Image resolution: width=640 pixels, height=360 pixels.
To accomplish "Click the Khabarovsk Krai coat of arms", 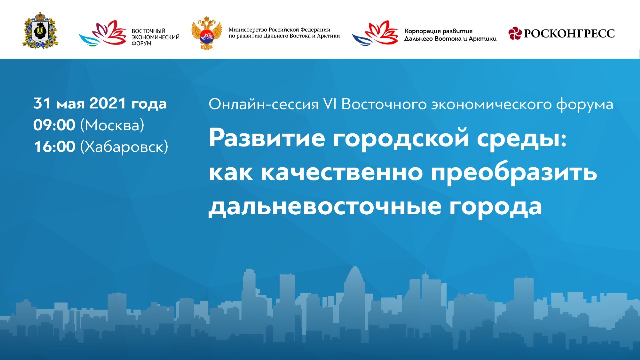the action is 40,30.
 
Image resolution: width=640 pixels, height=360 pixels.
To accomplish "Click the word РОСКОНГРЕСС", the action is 569,33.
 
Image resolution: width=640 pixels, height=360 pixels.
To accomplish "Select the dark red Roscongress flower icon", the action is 515,33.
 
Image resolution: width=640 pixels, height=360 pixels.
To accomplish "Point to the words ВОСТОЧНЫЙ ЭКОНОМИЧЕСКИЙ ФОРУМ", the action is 155,37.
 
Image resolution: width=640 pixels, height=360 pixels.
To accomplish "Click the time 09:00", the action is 54,125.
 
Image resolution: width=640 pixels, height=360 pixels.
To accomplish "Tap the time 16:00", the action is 54,147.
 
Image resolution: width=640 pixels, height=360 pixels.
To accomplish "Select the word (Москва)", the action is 112,125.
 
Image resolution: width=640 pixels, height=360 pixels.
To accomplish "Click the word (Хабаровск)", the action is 124,147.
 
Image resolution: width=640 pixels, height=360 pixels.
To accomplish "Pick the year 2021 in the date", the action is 107,103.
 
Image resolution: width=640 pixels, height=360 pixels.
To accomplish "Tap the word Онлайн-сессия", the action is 263,104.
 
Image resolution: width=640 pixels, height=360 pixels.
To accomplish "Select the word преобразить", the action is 514,173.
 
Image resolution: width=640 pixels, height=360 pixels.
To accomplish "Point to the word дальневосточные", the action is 325,206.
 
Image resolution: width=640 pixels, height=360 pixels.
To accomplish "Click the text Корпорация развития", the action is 438,31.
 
